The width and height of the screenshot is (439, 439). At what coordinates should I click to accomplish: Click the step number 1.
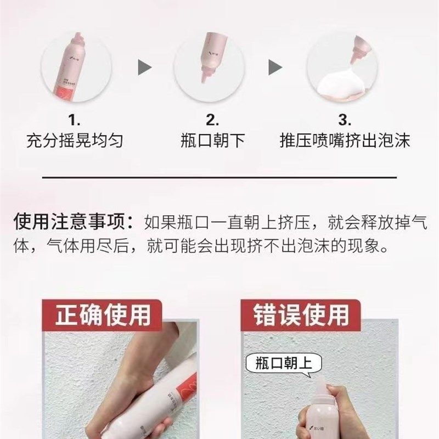pos(75,120)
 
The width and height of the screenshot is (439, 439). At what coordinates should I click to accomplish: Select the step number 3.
pos(345,120)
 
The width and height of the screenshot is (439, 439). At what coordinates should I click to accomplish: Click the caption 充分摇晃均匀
pos(75,142)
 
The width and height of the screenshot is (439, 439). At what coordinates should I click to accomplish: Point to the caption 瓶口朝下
pos(212,142)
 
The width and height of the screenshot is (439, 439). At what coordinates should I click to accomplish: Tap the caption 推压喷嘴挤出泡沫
pos(345,142)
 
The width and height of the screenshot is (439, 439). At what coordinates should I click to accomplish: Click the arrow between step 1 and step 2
pos(144,68)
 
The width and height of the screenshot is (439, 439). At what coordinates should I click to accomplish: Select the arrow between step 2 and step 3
pos(275,68)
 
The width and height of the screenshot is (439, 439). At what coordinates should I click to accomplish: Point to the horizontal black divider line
pos(219,178)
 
